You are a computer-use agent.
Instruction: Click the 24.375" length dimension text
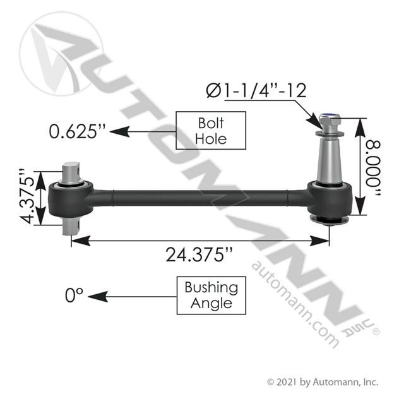click(x=199, y=254)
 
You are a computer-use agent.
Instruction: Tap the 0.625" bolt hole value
click(x=77, y=131)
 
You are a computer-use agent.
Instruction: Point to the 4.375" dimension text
click(x=27, y=196)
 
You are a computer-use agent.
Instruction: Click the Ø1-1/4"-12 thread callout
click(x=256, y=90)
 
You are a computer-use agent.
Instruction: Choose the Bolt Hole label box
click(x=211, y=130)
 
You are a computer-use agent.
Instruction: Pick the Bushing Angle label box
click(x=211, y=295)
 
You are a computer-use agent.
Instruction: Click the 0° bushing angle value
click(x=74, y=295)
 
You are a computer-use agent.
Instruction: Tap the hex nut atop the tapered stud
click(x=329, y=121)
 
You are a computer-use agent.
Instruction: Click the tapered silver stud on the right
click(x=329, y=161)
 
